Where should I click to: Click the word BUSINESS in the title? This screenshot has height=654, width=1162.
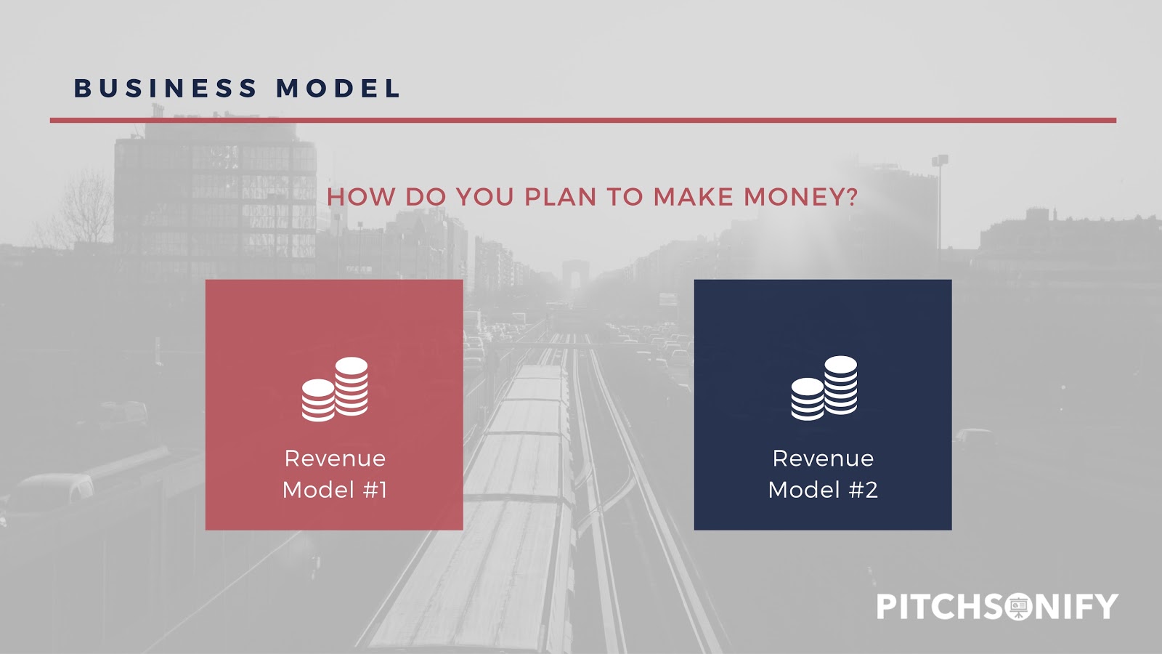click(x=166, y=88)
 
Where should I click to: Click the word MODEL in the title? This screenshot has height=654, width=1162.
click(x=338, y=88)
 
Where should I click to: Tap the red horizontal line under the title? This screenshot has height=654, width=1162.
click(x=583, y=121)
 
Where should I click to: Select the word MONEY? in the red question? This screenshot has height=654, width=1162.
click(x=801, y=197)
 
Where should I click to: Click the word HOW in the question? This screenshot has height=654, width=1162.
click(x=361, y=197)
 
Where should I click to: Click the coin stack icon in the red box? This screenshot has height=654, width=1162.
click(x=335, y=389)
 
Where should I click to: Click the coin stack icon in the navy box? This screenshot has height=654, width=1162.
click(x=824, y=388)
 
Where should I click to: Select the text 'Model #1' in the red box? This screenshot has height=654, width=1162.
click(x=335, y=490)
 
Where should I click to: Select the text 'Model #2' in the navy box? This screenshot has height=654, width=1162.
click(x=824, y=490)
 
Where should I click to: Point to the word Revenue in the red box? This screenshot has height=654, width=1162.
click(x=335, y=459)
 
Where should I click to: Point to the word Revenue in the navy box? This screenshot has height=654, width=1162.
click(x=824, y=459)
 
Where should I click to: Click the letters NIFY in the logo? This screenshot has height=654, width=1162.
click(x=1077, y=606)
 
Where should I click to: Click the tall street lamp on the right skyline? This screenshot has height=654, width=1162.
click(x=940, y=208)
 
